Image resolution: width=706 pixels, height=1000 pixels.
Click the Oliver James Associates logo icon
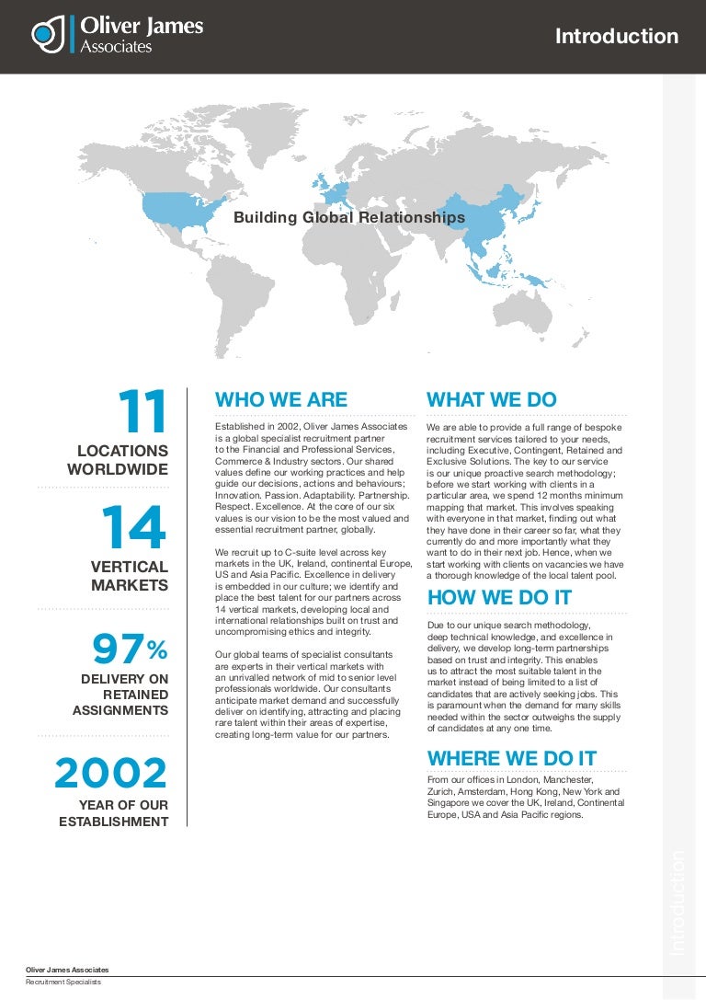pyautogui.click(x=48, y=34)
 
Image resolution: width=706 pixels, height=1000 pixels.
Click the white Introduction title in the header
pyautogui.click(x=617, y=37)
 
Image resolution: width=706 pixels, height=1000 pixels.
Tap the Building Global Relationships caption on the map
pyautogui.click(x=349, y=218)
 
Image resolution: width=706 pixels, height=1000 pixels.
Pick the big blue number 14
pyautogui.click(x=133, y=528)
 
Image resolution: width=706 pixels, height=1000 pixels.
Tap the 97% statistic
pyautogui.click(x=130, y=650)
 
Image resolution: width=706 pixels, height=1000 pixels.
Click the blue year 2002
pyautogui.click(x=111, y=774)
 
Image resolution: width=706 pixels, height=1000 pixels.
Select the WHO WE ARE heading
pyautogui.click(x=281, y=399)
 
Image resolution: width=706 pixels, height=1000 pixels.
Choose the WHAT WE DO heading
pyautogui.click(x=492, y=399)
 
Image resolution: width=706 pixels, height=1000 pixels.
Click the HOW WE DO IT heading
pyautogui.click(x=499, y=598)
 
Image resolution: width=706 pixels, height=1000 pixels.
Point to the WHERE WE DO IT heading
pyautogui.click(x=512, y=758)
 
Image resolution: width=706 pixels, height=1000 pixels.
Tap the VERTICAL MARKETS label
pyautogui.click(x=130, y=576)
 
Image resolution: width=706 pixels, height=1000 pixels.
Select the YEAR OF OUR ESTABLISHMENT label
pyautogui.click(x=114, y=812)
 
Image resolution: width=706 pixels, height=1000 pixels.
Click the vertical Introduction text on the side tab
pyautogui.click(x=678, y=902)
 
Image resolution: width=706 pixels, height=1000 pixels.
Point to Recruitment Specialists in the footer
pyautogui.click(x=63, y=983)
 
